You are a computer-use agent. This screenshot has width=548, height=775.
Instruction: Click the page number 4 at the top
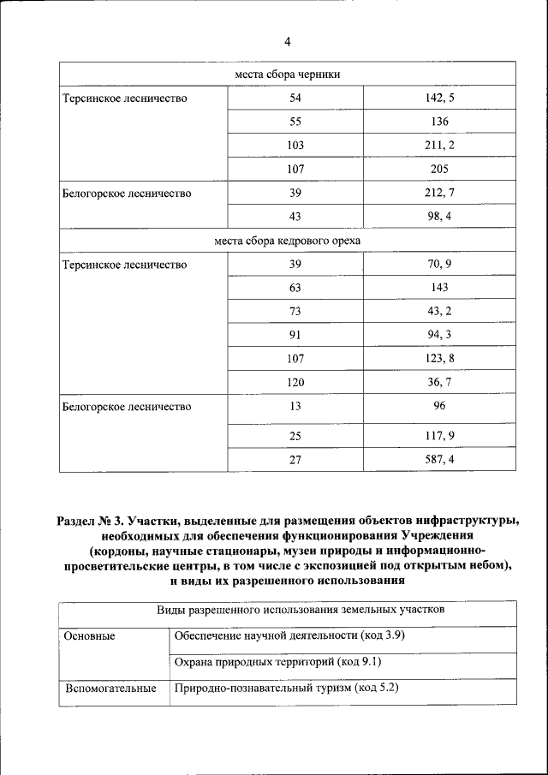click(x=288, y=42)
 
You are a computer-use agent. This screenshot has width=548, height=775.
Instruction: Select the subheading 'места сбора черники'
click(x=288, y=75)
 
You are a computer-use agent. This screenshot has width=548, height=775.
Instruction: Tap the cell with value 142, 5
click(x=439, y=98)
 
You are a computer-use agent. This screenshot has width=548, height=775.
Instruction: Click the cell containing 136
click(x=439, y=122)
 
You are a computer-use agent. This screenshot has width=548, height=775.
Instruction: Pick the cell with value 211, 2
click(x=439, y=146)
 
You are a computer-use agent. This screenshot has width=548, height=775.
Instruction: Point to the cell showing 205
click(x=439, y=170)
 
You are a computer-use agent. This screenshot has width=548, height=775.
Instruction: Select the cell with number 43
click(x=295, y=217)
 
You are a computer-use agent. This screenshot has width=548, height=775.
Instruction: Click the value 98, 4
click(x=439, y=217)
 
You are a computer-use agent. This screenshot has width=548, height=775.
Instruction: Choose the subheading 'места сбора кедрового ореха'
click(x=288, y=241)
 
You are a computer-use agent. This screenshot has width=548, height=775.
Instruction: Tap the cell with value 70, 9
click(x=439, y=265)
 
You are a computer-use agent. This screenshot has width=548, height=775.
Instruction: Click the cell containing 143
click(x=439, y=288)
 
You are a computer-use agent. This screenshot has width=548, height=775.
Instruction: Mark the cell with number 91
click(x=295, y=335)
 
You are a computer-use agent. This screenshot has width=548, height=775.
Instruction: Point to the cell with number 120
click(x=295, y=382)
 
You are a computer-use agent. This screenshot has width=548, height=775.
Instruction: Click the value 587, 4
click(x=439, y=460)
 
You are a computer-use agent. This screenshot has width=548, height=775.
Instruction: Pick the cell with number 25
click(x=295, y=436)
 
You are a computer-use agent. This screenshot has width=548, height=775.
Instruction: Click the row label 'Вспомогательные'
click(x=110, y=688)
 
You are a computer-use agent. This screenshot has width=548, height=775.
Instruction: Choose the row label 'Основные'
click(x=89, y=635)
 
